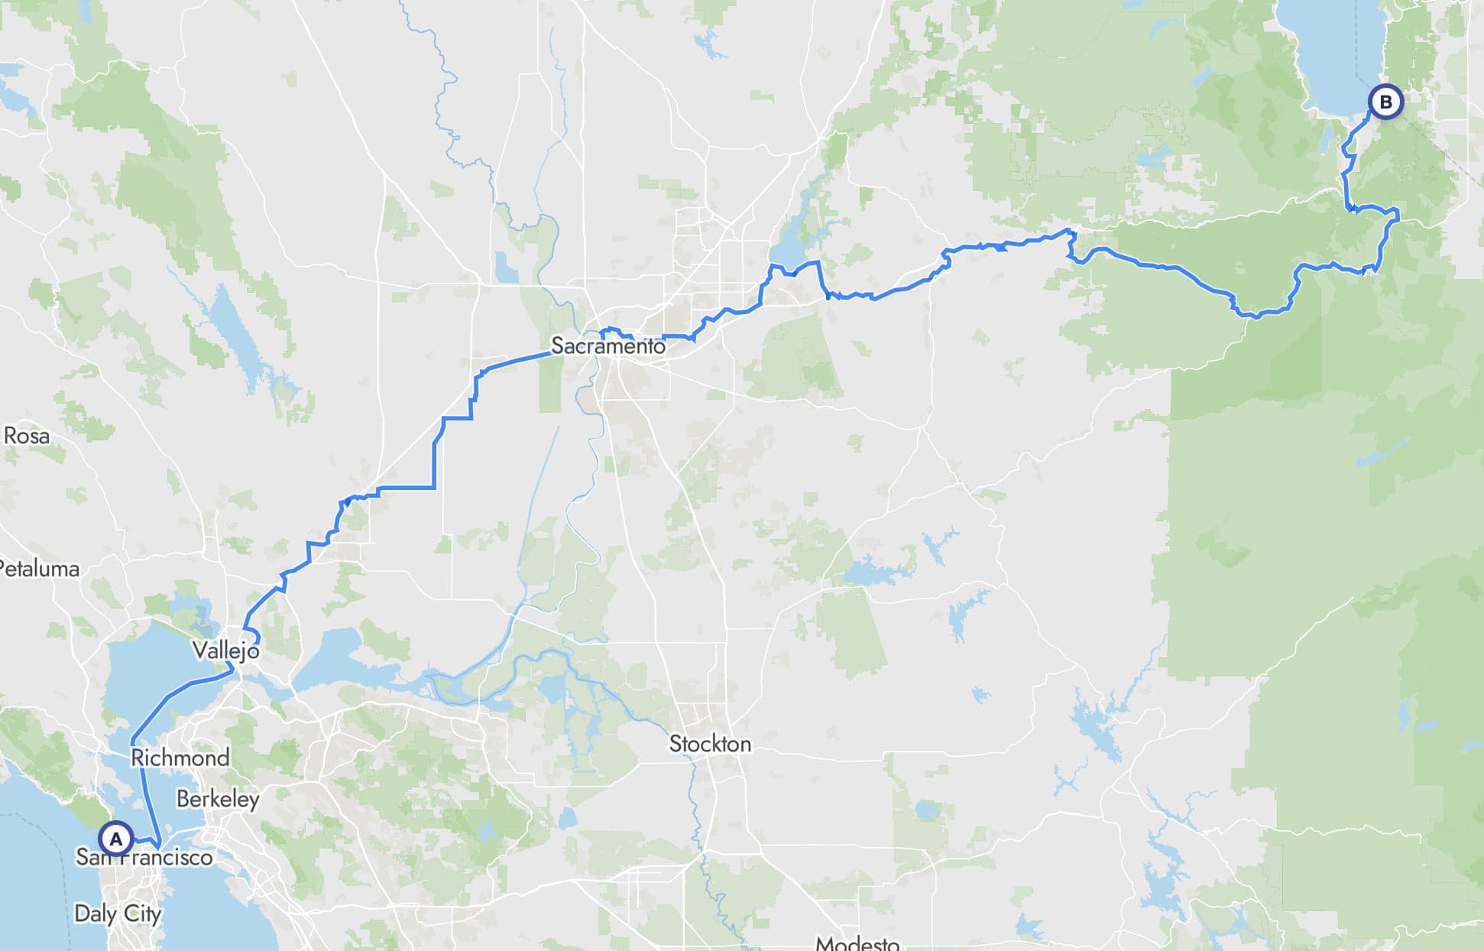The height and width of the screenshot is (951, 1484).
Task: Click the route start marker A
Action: pos(115,839)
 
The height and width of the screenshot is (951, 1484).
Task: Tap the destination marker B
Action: pos(1385,102)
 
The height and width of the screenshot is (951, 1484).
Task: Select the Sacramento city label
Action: pos(608,346)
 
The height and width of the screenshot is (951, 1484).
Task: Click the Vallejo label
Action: pos(225,651)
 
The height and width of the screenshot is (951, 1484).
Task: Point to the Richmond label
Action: pos(180,758)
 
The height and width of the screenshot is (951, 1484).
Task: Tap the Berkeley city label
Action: pos(218,799)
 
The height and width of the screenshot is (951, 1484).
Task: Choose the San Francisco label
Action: pos(144,857)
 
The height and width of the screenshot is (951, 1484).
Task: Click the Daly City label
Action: pos(118,914)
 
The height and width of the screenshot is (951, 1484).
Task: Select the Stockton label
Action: pos(710,744)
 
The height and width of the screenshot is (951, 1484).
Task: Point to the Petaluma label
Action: pos(40,569)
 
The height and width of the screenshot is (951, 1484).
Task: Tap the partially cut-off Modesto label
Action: pos(857,943)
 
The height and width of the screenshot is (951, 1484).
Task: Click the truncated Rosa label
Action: pos(27,436)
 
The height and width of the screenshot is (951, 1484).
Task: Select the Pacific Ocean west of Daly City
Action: pos(31,879)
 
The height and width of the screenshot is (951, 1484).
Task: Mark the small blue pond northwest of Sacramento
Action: pos(505,268)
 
